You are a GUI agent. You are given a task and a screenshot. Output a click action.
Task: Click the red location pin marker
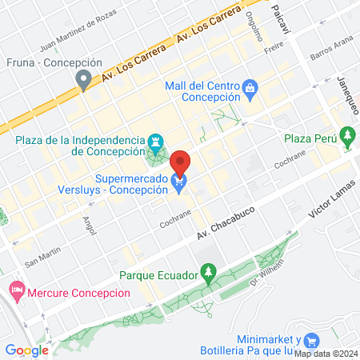pyautogui.click(x=181, y=162)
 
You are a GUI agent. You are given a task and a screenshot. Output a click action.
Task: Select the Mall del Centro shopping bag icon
pyautogui.click(x=250, y=86)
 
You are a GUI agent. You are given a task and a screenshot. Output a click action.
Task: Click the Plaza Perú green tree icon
pyautogui.click(x=347, y=138)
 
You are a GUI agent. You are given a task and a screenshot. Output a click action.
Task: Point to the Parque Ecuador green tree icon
pyautogui.click(x=209, y=275)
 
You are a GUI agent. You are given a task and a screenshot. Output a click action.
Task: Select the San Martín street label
pyautogui.click(x=42, y=257)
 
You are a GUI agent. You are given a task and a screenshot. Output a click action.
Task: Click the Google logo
pyautogui.click(x=26, y=350)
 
